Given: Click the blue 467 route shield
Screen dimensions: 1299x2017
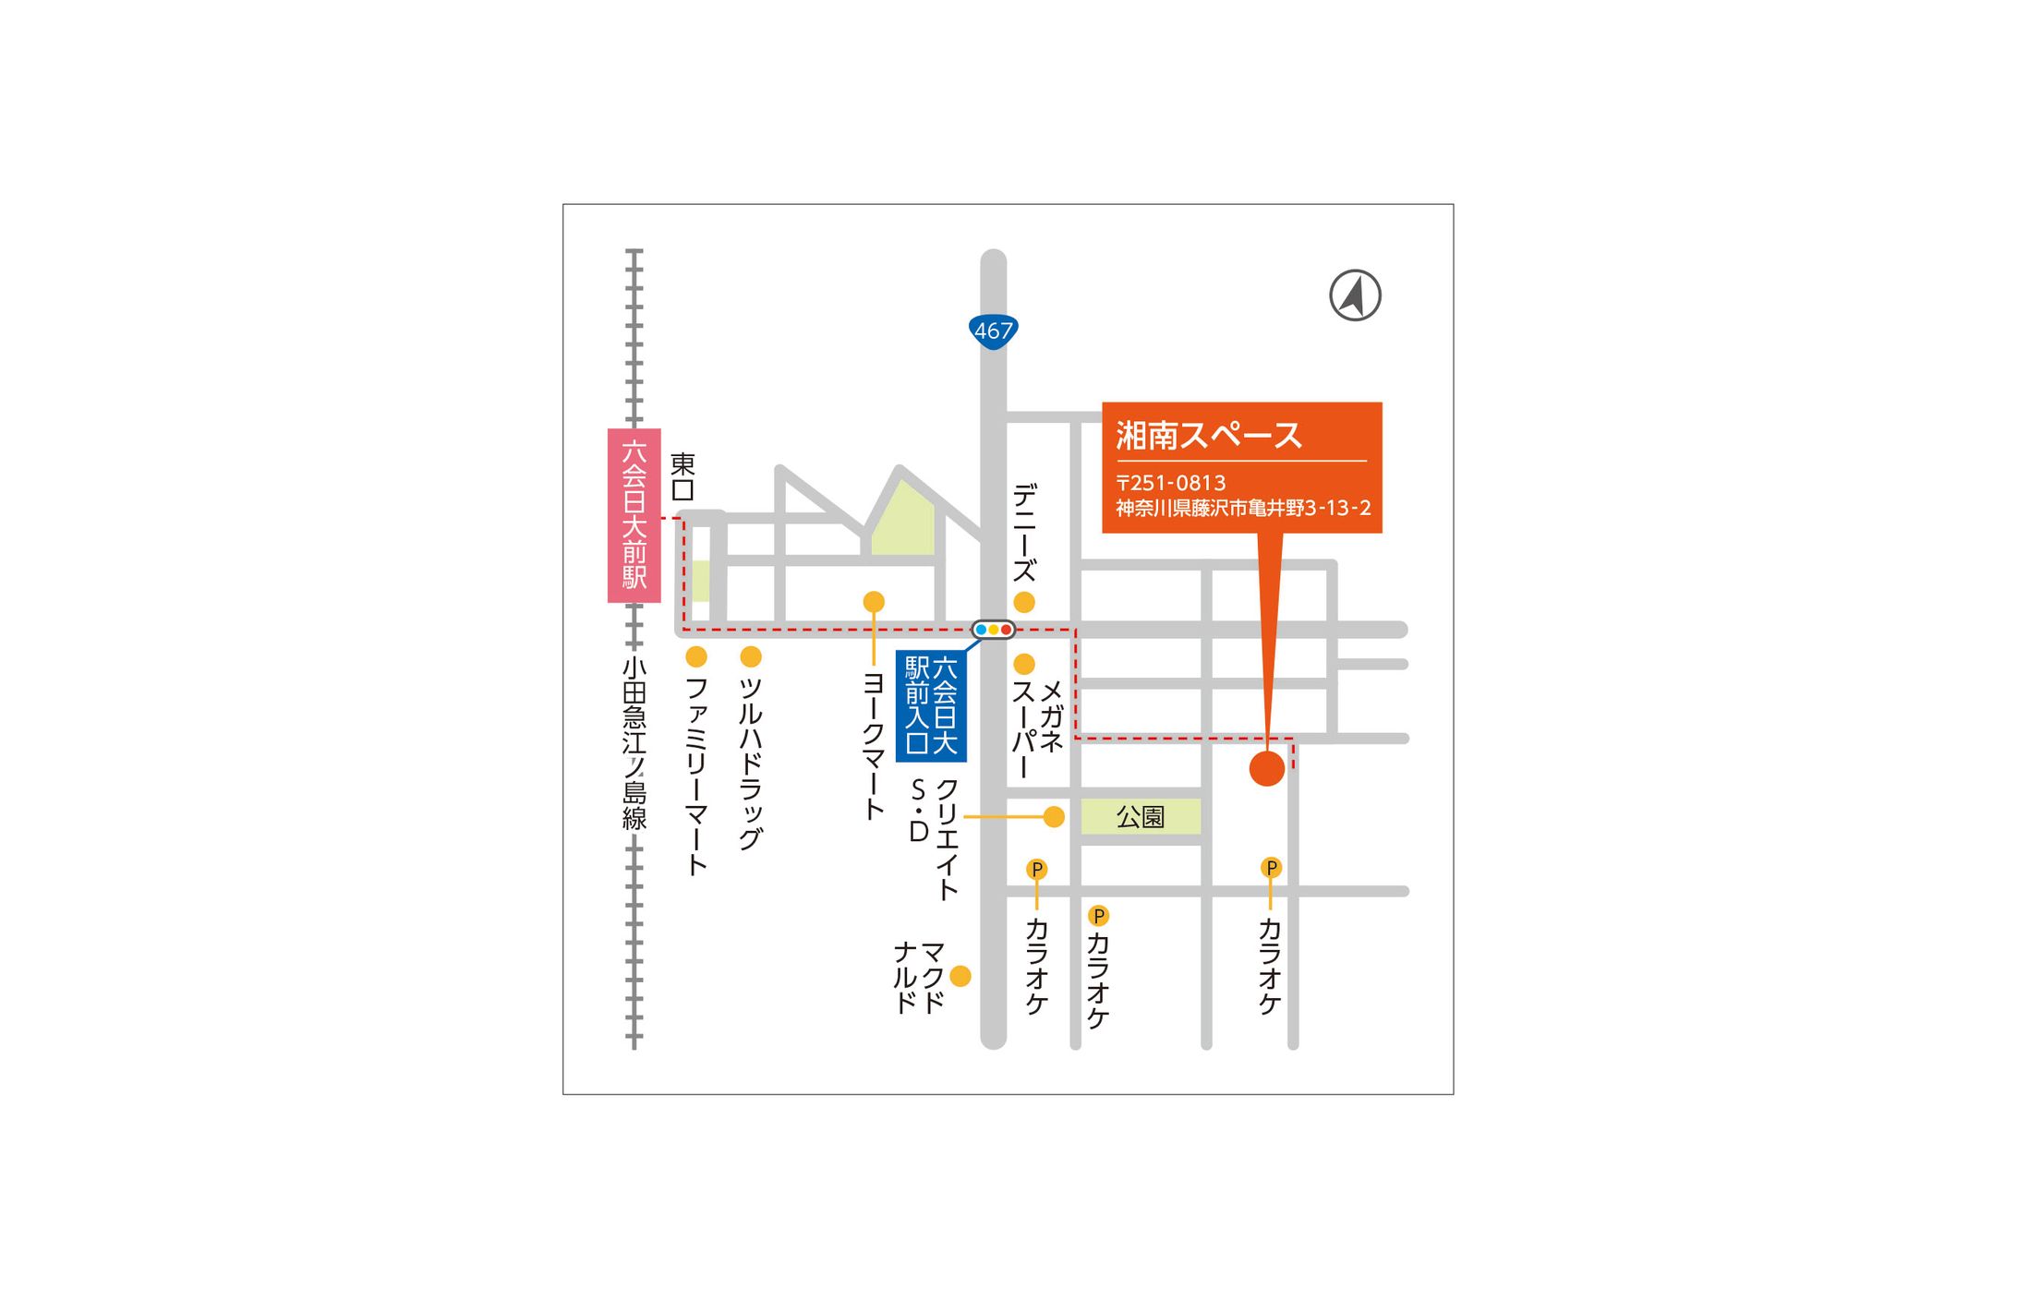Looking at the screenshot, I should (993, 331).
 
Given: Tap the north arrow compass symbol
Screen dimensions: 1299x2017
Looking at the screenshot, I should (1355, 295).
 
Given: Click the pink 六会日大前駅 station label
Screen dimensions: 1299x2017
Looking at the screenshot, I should (634, 515).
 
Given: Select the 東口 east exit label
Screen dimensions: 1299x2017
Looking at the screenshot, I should (682, 476).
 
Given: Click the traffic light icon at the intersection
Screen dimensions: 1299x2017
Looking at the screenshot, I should (993, 630).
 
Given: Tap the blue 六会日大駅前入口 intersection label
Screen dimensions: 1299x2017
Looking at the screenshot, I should (931, 705).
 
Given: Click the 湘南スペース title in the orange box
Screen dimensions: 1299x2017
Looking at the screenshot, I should (1208, 436).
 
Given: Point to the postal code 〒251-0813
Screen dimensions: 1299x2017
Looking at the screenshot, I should (1170, 483).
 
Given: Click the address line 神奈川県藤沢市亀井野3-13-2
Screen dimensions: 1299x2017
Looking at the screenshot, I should (1242, 508).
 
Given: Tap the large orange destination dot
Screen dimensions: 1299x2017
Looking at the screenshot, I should (1266, 768).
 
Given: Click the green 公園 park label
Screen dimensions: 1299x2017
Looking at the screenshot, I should (1141, 817).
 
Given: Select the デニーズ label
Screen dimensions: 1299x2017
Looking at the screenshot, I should (1024, 533).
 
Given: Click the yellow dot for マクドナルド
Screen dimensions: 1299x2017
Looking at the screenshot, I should (960, 976).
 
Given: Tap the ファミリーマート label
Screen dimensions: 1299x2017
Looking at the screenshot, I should (696, 776).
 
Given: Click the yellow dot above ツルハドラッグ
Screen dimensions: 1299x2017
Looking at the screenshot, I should (751, 656).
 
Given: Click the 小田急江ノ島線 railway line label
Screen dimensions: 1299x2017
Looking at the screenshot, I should (634, 744).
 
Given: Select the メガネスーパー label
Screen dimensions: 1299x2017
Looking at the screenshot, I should (1037, 729).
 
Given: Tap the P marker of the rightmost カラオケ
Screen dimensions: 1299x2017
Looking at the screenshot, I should (1271, 868).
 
